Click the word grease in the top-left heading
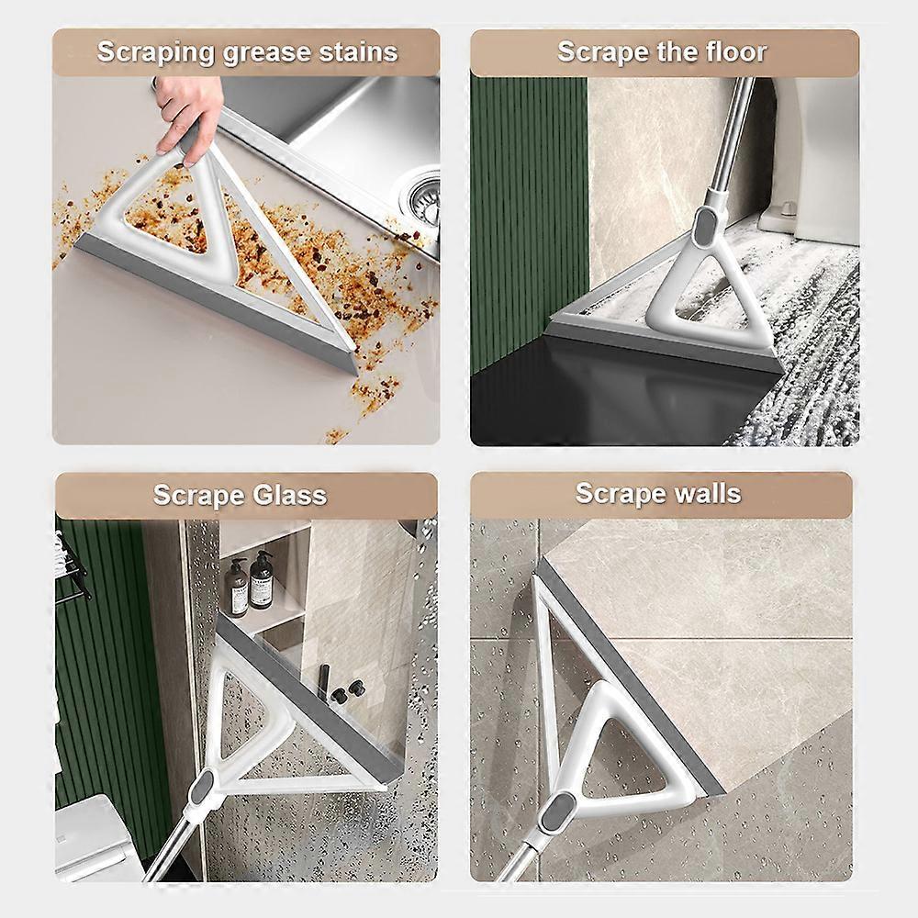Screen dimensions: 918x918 [267, 53]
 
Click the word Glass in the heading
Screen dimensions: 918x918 [290, 496]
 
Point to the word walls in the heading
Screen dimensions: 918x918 [708, 493]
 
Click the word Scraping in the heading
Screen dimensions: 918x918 [156, 53]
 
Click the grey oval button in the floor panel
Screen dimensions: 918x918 [703, 226]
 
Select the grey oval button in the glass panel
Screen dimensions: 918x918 [200, 788]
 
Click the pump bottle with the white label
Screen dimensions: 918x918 [261, 580]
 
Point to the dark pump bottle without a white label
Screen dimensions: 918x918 [237, 588]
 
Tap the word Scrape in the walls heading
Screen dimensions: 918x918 [620, 494]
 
